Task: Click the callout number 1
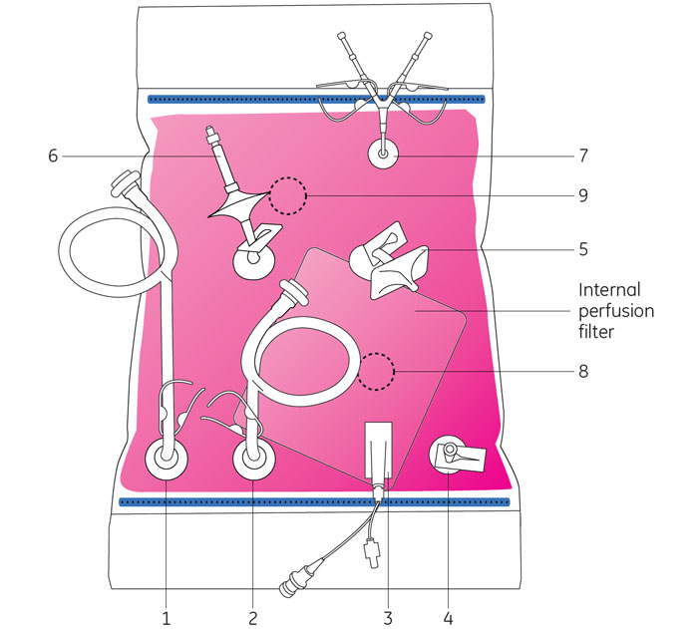(166, 618)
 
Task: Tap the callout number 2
(253, 618)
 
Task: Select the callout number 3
(387, 618)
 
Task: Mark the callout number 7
(583, 156)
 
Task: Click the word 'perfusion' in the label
(617, 311)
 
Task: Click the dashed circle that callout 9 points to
(289, 196)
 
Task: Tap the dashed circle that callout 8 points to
(377, 371)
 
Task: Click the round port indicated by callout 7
(384, 156)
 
